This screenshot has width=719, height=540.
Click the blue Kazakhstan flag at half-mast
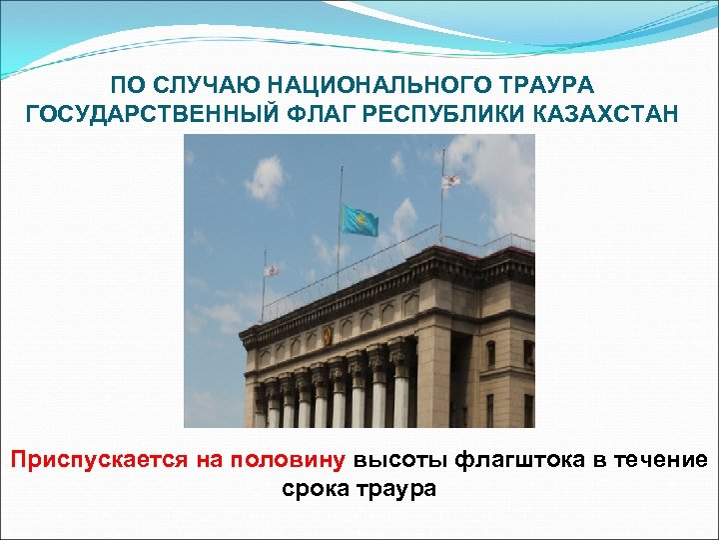pyautogui.click(x=360, y=220)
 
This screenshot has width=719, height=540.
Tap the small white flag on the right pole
pyautogui.click(x=450, y=181)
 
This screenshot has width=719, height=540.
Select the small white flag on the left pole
pyautogui.click(x=270, y=271)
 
